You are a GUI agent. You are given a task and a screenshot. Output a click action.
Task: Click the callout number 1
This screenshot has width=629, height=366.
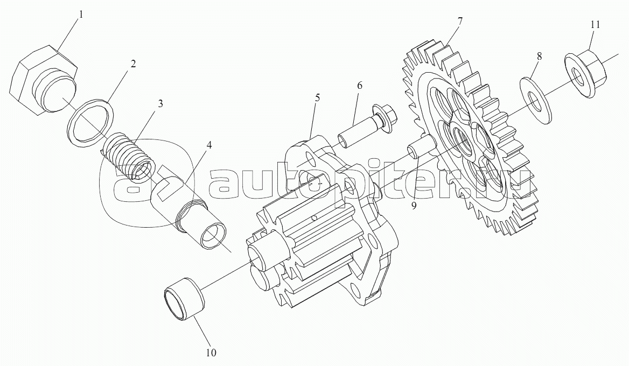pyautogui.click(x=81, y=15)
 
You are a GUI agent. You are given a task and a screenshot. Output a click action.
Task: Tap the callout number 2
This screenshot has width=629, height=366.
pyautogui.click(x=132, y=64)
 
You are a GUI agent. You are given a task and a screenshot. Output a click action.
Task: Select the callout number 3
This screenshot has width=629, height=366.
pyautogui.click(x=160, y=103)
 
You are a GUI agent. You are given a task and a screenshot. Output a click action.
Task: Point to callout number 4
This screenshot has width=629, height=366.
pyautogui.click(x=208, y=145)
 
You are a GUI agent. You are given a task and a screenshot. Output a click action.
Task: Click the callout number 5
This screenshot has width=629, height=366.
pyautogui.click(x=317, y=97)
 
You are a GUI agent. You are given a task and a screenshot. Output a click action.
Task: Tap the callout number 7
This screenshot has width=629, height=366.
pyautogui.click(x=460, y=21)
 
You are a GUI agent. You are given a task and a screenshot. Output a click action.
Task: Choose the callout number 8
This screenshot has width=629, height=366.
pyautogui.click(x=540, y=56)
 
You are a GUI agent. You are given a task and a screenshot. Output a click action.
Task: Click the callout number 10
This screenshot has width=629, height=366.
pyautogui.click(x=211, y=353)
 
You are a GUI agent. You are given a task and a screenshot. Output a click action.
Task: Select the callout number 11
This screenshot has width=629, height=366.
pyautogui.click(x=595, y=24)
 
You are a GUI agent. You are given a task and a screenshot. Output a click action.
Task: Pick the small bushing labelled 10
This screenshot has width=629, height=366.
pyautogui.click(x=183, y=299)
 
